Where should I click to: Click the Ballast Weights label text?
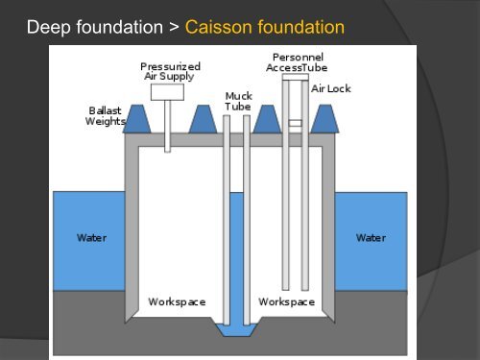pyautogui.click(x=105, y=115)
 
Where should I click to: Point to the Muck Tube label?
pyautogui.click(x=237, y=102)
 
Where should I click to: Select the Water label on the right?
pyautogui.click(x=371, y=237)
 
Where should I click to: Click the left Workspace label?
pyautogui.click(x=177, y=301)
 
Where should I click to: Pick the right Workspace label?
pyautogui.click(x=286, y=301)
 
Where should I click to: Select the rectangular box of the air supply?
pyautogui.click(x=167, y=93)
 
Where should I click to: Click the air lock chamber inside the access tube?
pyautogui.click(x=295, y=125)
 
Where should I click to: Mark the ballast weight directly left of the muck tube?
pyautogui.click(x=202, y=120)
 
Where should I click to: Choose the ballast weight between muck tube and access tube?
pyautogui.click(x=265, y=120)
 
